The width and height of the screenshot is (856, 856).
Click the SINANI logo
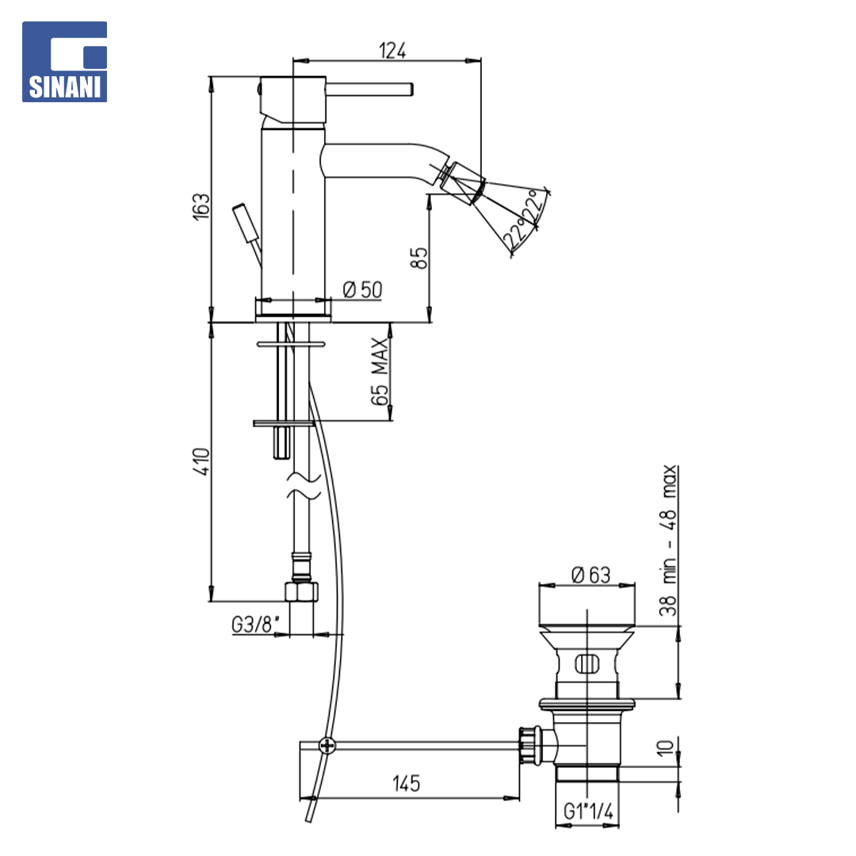pos(64,62)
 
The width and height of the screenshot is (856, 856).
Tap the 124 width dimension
pos(392,51)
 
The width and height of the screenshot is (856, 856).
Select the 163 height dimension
pos(201,206)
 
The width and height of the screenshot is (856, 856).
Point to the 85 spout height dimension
pos(418,258)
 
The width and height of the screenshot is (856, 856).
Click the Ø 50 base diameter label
pos(362,289)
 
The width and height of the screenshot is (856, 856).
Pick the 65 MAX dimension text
pos(380,371)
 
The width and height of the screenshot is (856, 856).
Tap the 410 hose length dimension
pos(201,461)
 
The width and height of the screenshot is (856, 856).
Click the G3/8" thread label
pos(255,624)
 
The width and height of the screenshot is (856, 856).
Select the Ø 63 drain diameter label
pos(590,575)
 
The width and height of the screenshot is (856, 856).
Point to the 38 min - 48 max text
pos(668,540)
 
